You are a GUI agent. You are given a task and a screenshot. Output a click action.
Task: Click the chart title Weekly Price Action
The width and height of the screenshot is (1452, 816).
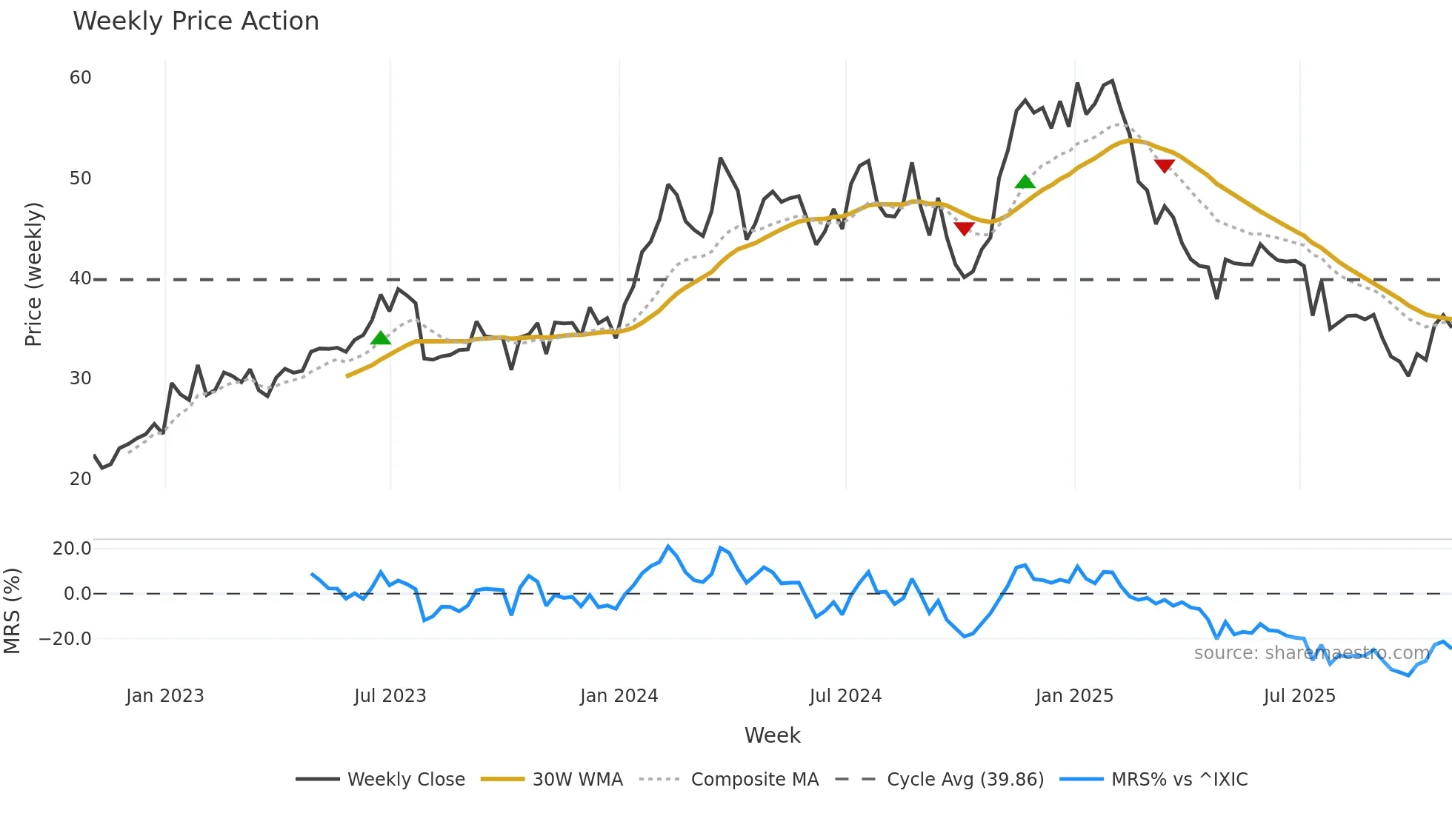pyautogui.click(x=196, y=21)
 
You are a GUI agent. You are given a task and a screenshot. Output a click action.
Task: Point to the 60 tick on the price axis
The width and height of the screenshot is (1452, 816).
pyautogui.click(x=81, y=78)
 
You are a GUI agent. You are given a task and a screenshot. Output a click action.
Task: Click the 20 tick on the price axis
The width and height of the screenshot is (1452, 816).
pyautogui.click(x=81, y=478)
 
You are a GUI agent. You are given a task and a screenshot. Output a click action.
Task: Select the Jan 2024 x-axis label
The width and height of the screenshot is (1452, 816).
pyautogui.click(x=619, y=696)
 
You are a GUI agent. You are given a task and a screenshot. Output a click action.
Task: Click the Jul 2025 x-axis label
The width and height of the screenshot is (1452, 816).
pyautogui.click(x=1299, y=696)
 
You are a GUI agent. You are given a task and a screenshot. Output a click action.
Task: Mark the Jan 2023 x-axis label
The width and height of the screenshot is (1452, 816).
pyautogui.click(x=164, y=696)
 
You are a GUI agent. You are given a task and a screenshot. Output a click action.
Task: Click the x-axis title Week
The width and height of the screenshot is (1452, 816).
pyautogui.click(x=772, y=735)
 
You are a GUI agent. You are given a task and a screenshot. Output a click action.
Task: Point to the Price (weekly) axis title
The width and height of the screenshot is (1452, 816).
pyautogui.click(x=34, y=274)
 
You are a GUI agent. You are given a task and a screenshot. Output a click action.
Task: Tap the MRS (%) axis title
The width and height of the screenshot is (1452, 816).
pyautogui.click(x=12, y=611)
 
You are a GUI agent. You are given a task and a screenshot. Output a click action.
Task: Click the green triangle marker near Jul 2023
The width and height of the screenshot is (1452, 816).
pyautogui.click(x=380, y=338)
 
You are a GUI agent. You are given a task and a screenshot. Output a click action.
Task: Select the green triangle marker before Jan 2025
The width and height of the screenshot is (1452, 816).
pyautogui.click(x=1025, y=182)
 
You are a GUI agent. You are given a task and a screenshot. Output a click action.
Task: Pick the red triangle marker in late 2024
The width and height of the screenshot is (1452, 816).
pyautogui.click(x=963, y=228)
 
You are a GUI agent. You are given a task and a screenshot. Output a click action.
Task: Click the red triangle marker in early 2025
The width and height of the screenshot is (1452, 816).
pyautogui.click(x=1164, y=166)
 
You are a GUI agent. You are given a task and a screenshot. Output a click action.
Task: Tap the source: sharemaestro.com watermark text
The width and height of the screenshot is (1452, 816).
pyautogui.click(x=1311, y=653)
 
